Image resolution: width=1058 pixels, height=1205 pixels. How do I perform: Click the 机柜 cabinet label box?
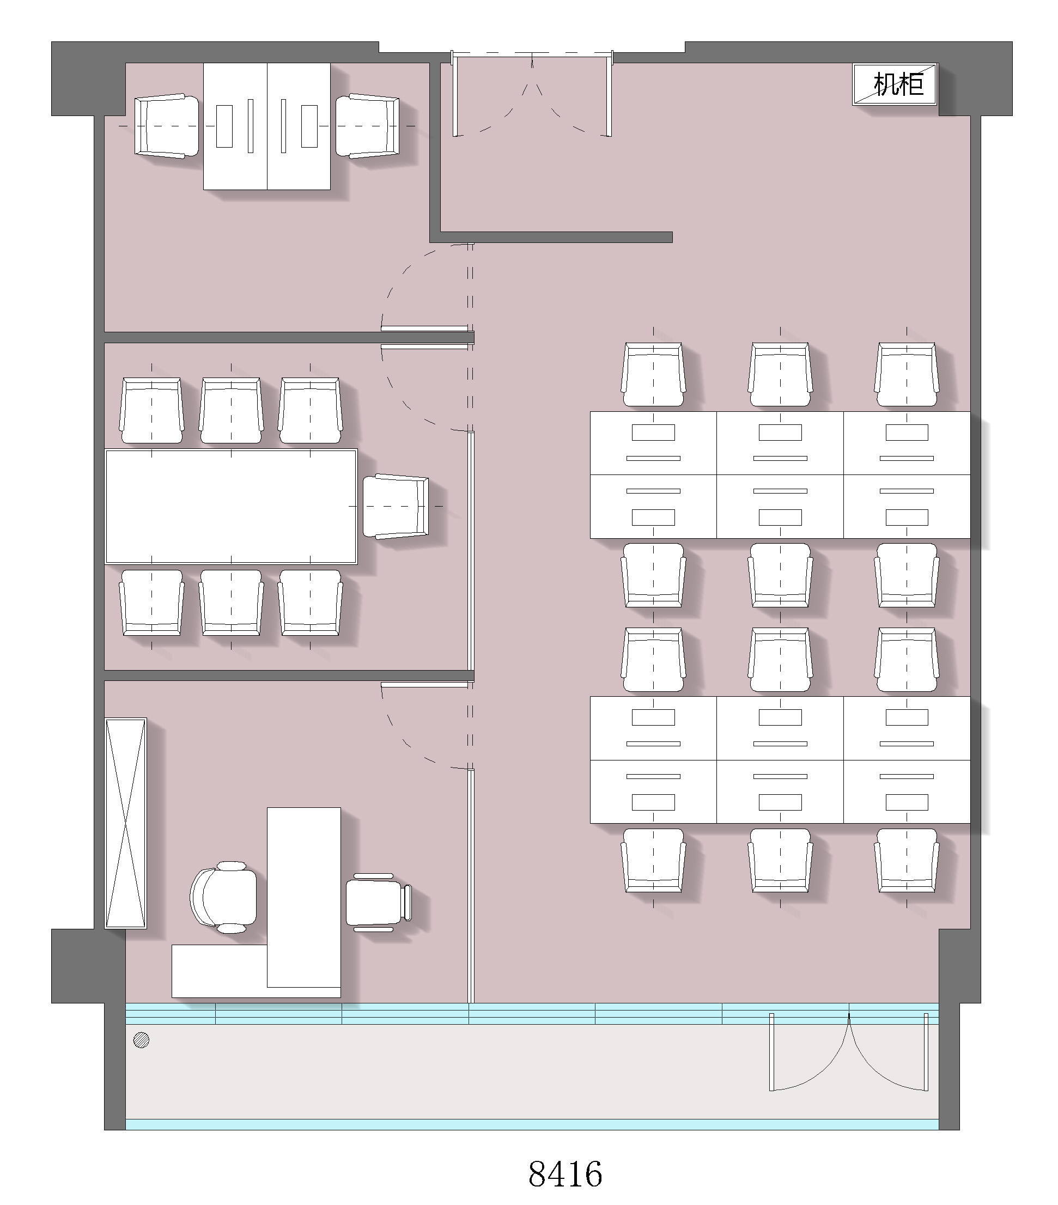pos(894,84)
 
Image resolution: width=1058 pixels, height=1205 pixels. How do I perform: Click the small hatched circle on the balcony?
pos(142,1040)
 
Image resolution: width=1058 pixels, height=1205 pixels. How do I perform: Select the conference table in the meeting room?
pos(231,507)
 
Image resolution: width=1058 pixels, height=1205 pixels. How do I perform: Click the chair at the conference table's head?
pos(396,507)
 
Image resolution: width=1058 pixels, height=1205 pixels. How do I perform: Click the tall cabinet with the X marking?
pos(125,823)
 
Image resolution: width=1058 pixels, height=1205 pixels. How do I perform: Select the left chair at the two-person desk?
pos(167,126)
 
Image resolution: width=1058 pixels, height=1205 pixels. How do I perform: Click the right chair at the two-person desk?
pos(367,126)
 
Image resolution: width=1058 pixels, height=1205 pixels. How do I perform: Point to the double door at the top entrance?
pos(532,94)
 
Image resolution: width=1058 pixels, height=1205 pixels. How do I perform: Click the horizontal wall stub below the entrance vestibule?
pos(551,237)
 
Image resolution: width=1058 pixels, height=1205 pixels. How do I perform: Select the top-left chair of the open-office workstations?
pos(653,374)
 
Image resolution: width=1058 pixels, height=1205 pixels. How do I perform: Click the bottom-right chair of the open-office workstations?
pos(907,861)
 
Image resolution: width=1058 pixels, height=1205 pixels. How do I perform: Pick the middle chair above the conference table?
pos(231,410)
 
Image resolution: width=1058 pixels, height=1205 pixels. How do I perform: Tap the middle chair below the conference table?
pos(231,602)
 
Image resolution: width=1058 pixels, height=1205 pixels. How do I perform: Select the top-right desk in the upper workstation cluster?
pos(907,443)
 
